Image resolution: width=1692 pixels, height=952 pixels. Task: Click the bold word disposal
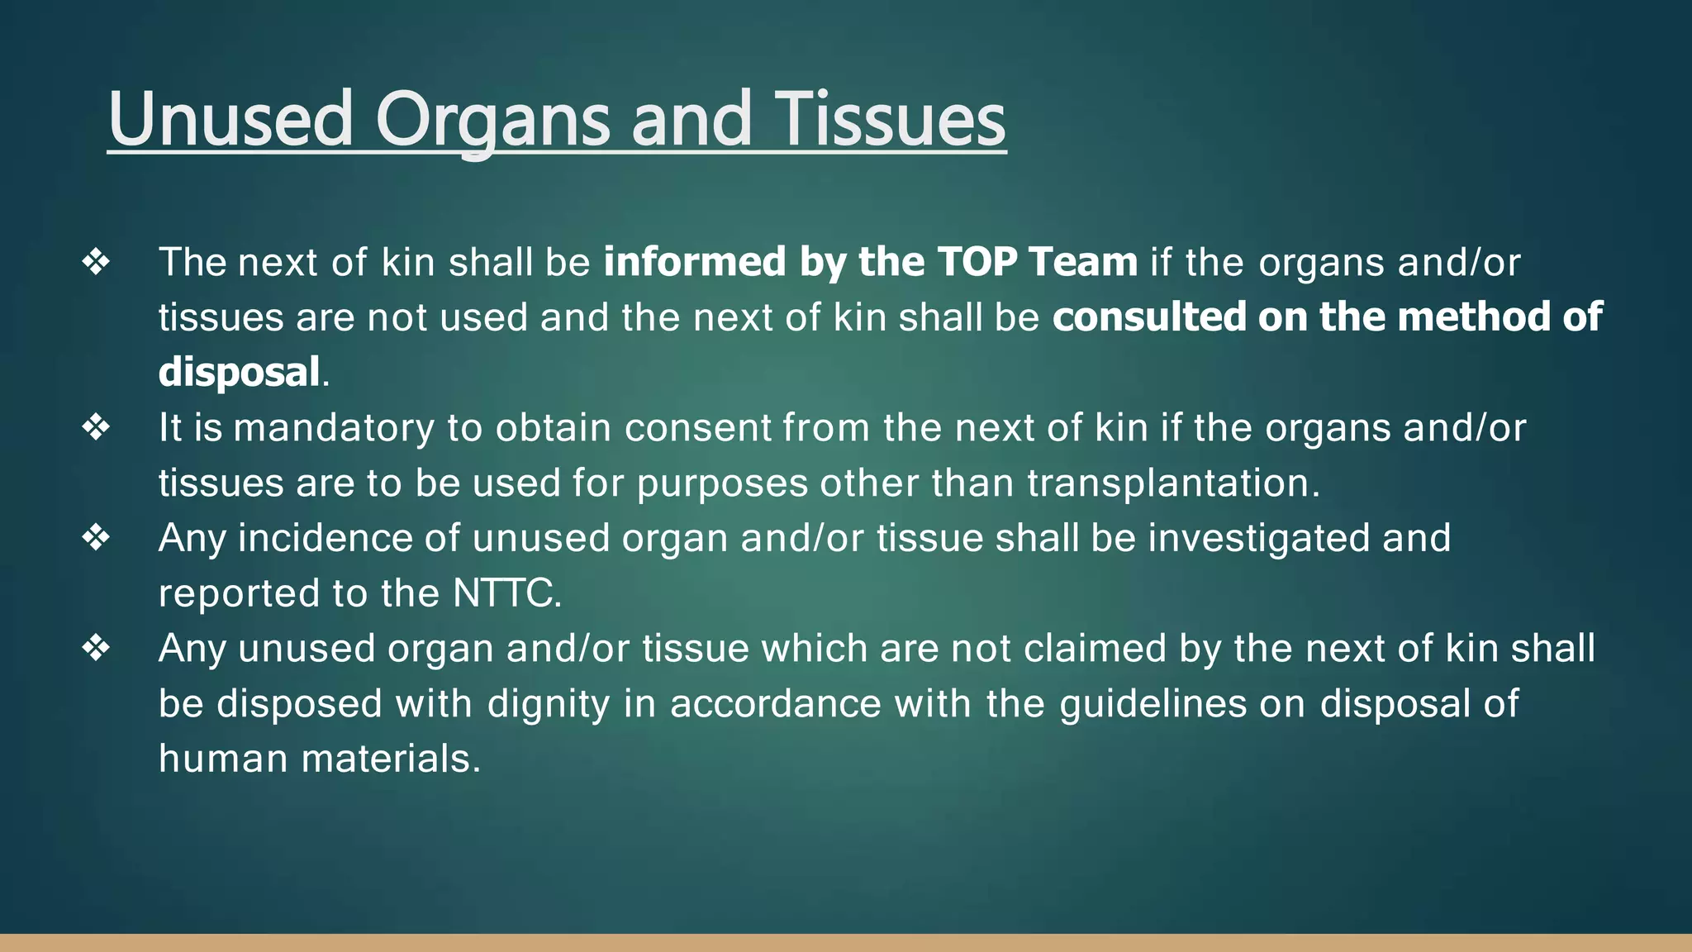pos(239,373)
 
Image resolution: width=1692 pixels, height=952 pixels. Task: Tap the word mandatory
pos(333,428)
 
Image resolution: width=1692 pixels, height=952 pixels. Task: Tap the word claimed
pos(1095,649)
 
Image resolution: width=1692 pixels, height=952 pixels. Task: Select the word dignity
pos(548,704)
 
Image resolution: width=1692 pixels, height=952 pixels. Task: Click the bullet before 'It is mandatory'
pos(96,427)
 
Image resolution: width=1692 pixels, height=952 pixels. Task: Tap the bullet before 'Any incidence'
pos(96,538)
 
